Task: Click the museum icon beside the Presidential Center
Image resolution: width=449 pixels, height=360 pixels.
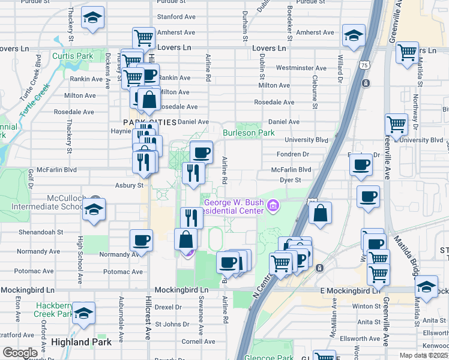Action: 274,207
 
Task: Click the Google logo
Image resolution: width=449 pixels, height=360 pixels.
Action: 20,352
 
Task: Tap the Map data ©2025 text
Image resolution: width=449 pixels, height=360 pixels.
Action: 424,355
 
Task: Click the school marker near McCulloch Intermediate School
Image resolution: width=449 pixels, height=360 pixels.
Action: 93,209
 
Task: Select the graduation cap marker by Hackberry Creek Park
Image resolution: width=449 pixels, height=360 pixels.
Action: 84,313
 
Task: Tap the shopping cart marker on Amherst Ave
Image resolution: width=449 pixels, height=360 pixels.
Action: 143,38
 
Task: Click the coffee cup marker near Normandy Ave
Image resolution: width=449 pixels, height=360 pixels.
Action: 142,240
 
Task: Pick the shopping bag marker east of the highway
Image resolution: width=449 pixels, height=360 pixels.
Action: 321,212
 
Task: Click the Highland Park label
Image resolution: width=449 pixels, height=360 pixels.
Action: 82,342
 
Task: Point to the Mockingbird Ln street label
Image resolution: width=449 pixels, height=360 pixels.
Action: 181,289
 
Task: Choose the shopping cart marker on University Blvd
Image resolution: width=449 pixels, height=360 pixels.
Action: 397,124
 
